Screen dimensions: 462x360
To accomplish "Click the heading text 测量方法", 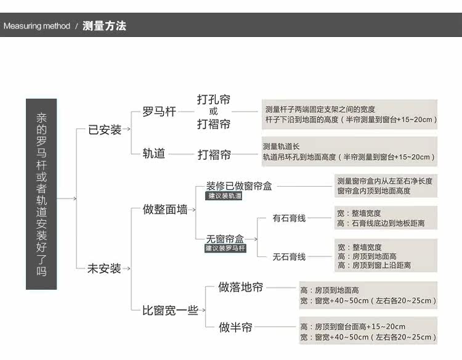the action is (x=104, y=27).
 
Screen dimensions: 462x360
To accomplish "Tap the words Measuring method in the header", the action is (x=37, y=27).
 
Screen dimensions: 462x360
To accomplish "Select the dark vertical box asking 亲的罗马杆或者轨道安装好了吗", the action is (x=41, y=194).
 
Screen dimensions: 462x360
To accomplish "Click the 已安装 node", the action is (x=105, y=130).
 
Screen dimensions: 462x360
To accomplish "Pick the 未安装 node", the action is (x=104, y=269).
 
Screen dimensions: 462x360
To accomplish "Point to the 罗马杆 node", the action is (x=159, y=112).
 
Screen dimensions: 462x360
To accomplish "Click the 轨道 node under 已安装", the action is (x=154, y=153).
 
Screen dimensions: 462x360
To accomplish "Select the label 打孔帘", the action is (x=214, y=99).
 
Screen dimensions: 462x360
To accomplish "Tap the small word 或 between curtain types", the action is (x=213, y=112).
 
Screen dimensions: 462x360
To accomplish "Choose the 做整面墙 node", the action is (x=165, y=209).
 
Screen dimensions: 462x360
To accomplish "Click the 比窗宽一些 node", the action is (x=170, y=311).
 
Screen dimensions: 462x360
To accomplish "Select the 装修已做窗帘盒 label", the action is (x=239, y=186).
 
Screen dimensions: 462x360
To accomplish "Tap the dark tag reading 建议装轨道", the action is (x=225, y=196).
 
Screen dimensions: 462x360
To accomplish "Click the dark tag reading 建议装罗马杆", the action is (x=225, y=248).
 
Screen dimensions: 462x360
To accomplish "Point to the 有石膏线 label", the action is (x=289, y=218).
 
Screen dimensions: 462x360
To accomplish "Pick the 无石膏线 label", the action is (x=289, y=256).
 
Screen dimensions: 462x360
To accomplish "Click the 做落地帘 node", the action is (x=241, y=287).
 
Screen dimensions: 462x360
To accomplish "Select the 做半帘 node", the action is (x=236, y=327).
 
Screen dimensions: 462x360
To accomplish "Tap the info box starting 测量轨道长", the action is (x=349, y=152).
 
